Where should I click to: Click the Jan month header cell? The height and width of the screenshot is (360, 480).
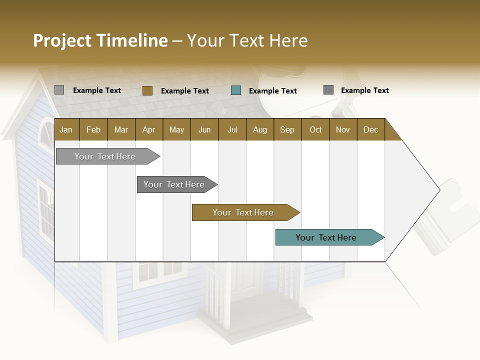point(66,129)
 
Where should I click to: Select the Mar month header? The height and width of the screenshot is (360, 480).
point(121,129)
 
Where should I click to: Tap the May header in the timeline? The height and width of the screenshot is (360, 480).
point(176,129)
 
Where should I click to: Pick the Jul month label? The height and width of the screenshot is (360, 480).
point(232,129)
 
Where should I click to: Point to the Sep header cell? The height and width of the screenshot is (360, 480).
point(287,129)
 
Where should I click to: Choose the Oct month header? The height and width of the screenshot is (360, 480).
point(315,129)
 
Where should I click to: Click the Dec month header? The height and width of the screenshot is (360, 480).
point(370,129)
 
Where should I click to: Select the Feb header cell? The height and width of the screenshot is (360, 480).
point(93,129)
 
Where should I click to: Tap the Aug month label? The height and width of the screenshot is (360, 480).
point(259,129)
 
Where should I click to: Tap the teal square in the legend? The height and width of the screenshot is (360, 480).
point(236,90)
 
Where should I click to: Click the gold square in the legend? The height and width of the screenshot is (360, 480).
point(147,90)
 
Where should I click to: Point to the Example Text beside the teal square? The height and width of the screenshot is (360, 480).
point(272,91)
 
